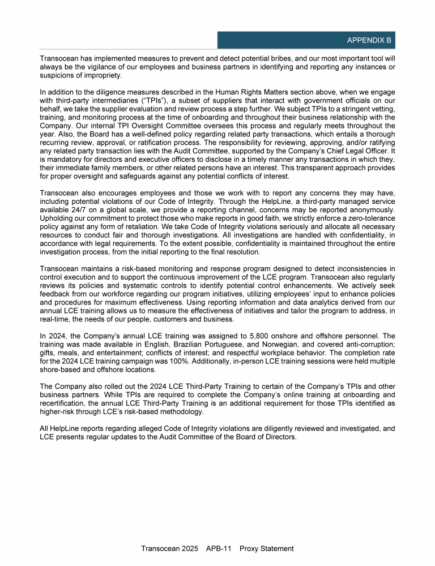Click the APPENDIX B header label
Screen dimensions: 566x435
369,41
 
